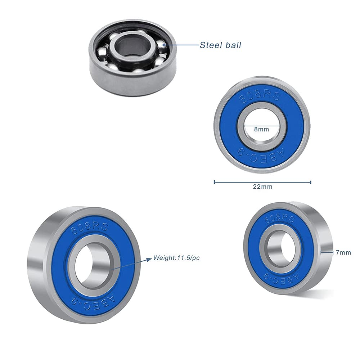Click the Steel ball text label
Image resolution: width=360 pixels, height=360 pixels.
[x=220, y=45]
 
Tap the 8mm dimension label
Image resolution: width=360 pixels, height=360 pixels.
[x=261, y=129]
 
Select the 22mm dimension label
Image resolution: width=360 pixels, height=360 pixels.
[x=263, y=186]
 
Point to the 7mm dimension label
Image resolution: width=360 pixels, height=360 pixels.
[x=343, y=253]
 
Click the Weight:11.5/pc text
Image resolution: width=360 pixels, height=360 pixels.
[x=176, y=258]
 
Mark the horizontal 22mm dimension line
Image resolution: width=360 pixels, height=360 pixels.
[x=263, y=182]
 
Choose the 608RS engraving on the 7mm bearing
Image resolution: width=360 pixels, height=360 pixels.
[x=279, y=219]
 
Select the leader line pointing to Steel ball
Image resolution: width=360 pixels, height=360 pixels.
[x=182, y=45]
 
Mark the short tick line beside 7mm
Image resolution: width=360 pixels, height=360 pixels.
[x=327, y=252]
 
